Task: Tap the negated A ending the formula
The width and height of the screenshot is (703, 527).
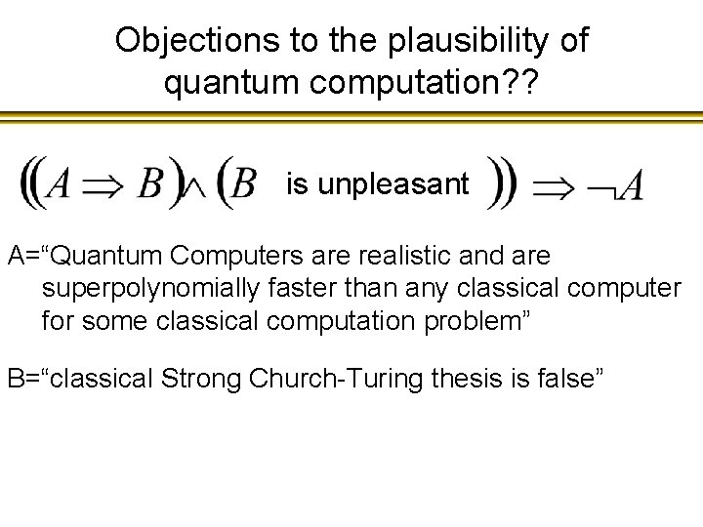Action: (x=618, y=184)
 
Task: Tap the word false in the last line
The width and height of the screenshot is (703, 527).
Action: (x=570, y=379)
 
